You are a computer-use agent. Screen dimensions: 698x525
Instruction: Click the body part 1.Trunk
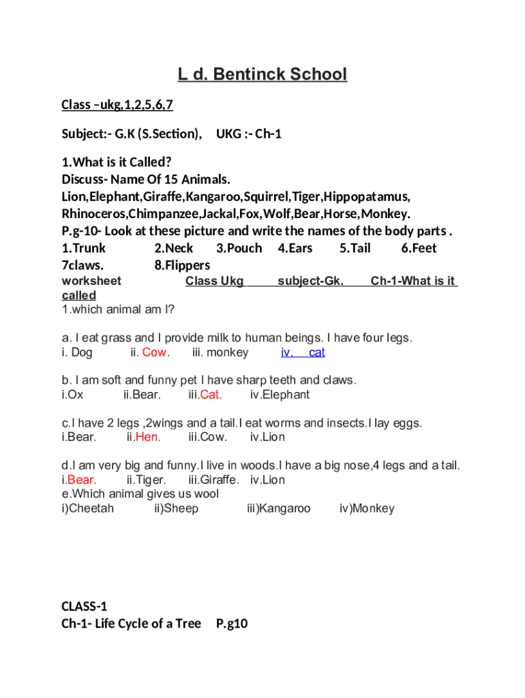(84, 248)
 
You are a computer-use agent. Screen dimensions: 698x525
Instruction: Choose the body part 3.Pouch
(239, 248)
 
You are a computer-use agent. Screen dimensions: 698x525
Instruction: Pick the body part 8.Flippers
(182, 265)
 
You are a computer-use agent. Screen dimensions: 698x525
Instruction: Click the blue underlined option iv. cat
(303, 352)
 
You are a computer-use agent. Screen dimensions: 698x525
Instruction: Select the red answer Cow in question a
(155, 352)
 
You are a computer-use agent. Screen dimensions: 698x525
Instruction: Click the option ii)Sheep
(176, 509)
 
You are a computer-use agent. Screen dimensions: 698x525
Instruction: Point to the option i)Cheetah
(88, 509)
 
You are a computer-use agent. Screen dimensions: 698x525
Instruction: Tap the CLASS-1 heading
(85, 606)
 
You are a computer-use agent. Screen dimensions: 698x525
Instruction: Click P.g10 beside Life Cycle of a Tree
(231, 623)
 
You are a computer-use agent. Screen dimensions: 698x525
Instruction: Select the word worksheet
(91, 281)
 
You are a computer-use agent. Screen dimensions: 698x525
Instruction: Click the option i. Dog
(76, 352)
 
